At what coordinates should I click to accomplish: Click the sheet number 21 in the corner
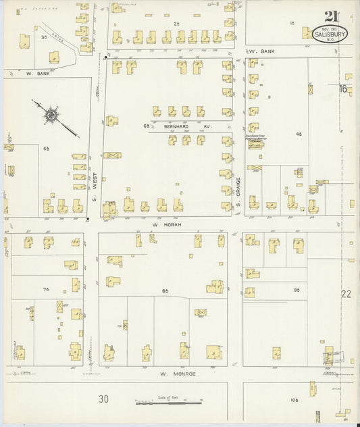[331, 16]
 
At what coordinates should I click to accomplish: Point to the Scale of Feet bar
[169, 402]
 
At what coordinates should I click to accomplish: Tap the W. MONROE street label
[177, 372]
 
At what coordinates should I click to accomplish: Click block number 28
[177, 24]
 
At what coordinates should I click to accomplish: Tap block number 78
[46, 289]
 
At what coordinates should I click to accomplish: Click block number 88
[165, 291]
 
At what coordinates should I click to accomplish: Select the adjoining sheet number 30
[103, 399]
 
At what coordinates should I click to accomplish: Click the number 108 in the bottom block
[294, 400]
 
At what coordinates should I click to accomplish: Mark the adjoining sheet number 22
[346, 294]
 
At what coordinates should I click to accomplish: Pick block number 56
[47, 148]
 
